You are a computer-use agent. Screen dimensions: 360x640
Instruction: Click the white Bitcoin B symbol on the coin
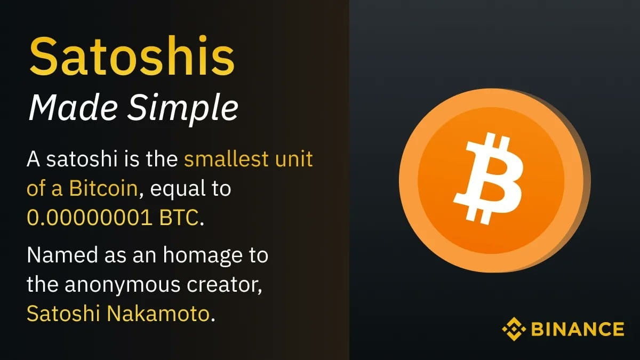point(487,179)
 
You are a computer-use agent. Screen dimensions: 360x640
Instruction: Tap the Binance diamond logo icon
point(514,329)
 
